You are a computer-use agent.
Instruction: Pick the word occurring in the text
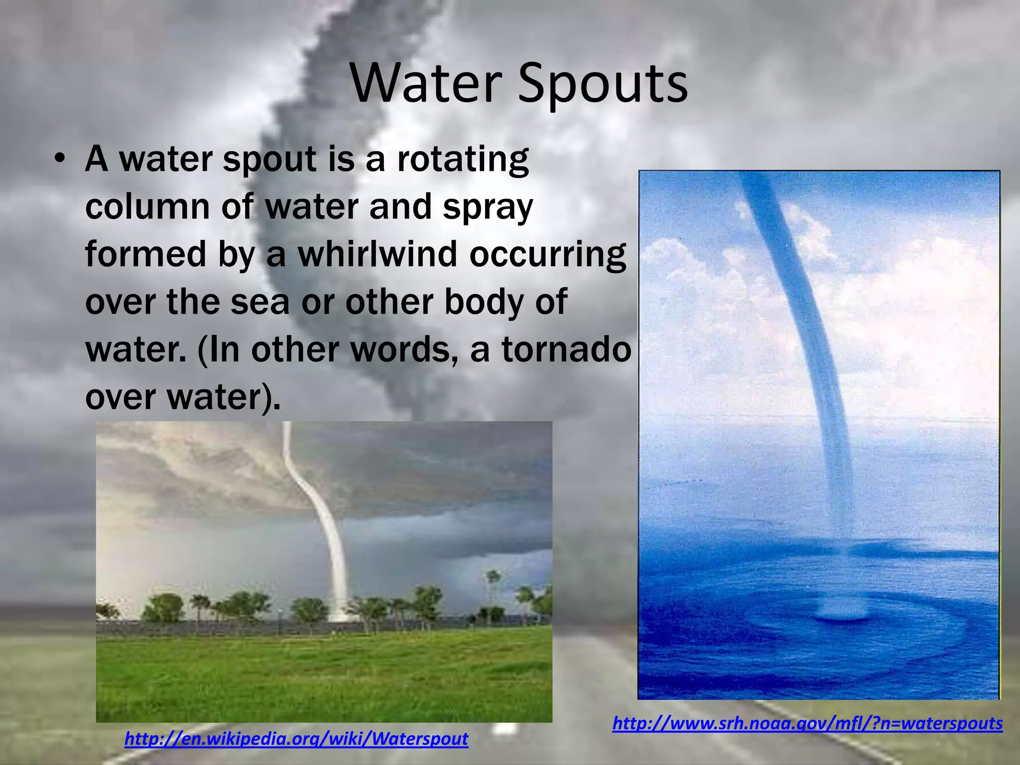coord(547,254)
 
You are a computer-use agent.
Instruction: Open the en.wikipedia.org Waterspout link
coord(296,739)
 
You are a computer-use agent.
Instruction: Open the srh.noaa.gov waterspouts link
coord(807,723)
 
